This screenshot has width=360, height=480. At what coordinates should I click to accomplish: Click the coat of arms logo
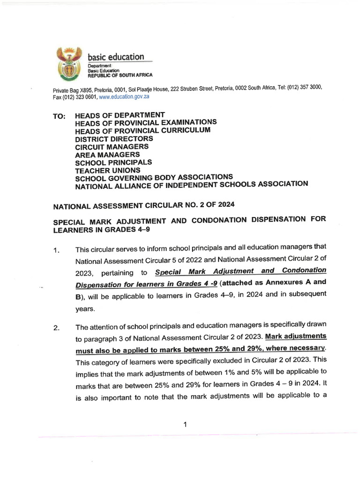pos(69,64)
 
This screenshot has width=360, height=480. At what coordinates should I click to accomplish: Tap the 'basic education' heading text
pos(116,57)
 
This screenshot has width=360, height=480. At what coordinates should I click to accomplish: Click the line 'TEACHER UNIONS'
pos(107,171)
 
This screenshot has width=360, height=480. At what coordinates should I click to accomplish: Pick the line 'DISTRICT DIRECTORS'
pos(114,139)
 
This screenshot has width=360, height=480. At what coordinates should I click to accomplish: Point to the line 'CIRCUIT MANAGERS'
pos(112,147)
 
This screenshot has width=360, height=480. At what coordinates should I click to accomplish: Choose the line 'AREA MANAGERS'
pos(107,155)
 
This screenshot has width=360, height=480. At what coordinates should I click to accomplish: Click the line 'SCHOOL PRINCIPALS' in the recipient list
pos(113,163)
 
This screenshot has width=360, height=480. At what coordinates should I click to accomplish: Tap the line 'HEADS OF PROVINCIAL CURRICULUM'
pos(142,130)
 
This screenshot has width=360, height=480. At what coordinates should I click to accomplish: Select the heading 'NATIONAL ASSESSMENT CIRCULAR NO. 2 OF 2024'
pos(144,205)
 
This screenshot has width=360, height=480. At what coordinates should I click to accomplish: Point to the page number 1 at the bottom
pos(185,425)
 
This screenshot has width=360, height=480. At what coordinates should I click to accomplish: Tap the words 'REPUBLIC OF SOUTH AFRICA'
pos(120,75)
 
